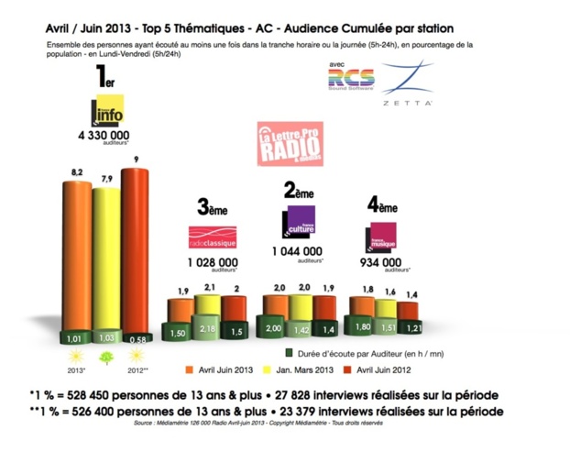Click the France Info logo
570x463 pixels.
click(x=106, y=112)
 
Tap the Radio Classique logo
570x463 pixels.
click(x=212, y=237)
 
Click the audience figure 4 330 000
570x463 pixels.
click(x=107, y=136)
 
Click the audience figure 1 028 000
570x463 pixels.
click(x=214, y=262)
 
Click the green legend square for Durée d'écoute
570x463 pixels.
click(x=289, y=350)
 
